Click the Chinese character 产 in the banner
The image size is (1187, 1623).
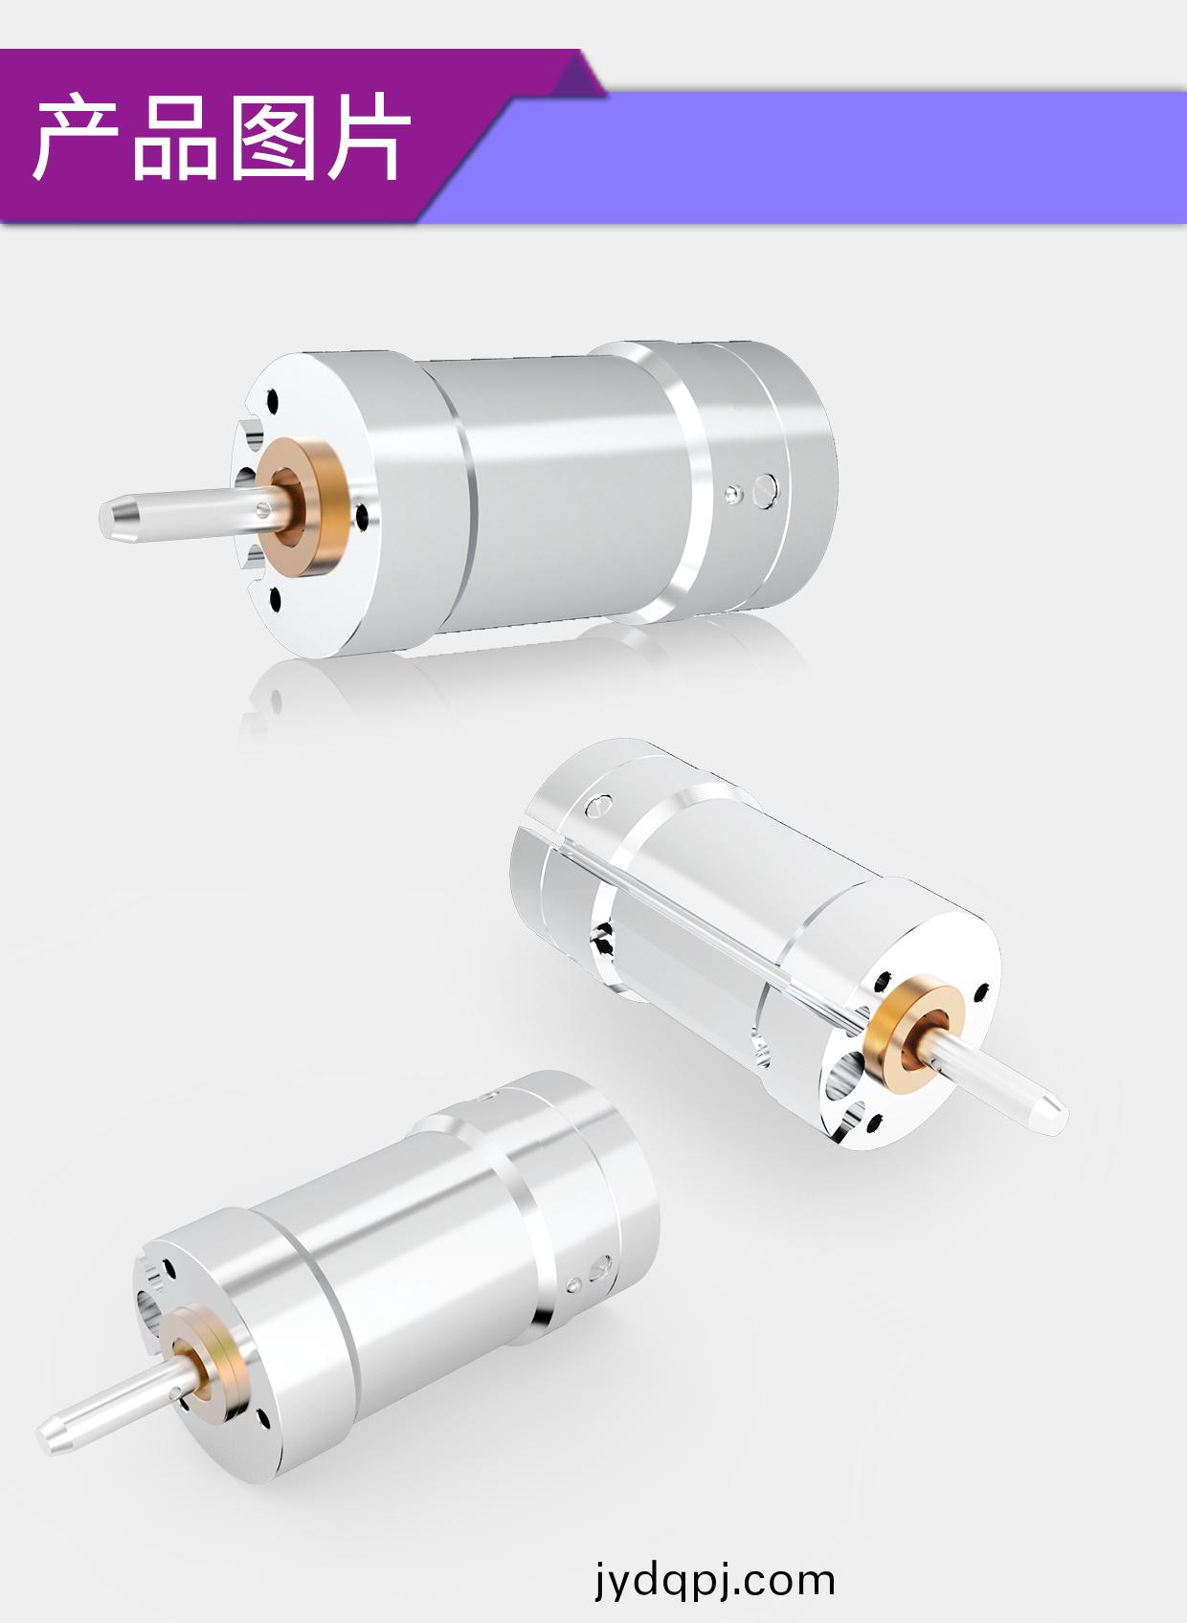[76, 136]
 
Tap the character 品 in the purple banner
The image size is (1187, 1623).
[174, 138]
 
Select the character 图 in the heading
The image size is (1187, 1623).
[273, 136]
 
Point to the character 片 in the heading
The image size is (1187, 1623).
[369, 136]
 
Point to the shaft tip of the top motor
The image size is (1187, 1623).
[109, 519]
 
